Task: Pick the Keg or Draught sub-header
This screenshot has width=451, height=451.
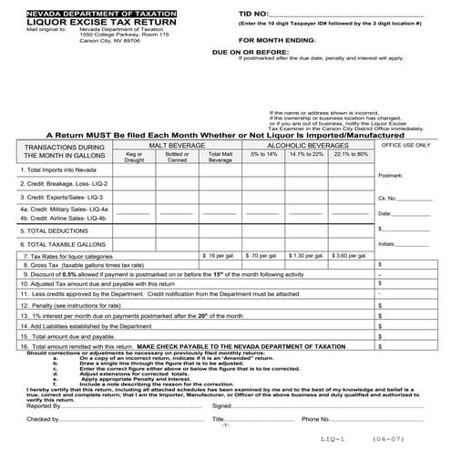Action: click(134, 157)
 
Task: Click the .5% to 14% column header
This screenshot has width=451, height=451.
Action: click(261, 155)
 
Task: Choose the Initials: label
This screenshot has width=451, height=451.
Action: click(386, 243)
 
